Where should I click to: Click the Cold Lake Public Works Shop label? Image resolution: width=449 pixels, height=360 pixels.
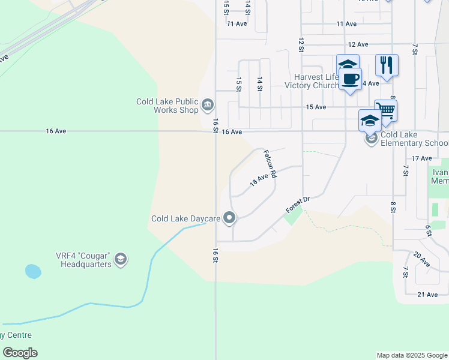(x=167, y=106)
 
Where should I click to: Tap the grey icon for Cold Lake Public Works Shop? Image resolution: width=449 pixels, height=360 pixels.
(x=208, y=106)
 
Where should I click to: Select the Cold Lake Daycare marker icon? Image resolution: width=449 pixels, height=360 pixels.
(x=229, y=218)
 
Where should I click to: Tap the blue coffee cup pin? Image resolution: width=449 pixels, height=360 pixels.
(x=350, y=79)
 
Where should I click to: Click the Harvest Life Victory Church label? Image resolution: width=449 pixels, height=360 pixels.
(x=316, y=81)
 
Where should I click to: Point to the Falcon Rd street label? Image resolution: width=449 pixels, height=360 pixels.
(x=270, y=164)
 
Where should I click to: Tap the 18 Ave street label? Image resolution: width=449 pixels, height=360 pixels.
(x=258, y=179)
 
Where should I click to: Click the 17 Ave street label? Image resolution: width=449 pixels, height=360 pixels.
(x=422, y=158)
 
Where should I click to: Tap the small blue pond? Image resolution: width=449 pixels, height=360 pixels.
(x=33, y=271)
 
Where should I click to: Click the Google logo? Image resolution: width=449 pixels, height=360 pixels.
(x=20, y=353)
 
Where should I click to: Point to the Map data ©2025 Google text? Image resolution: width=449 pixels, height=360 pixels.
(x=411, y=355)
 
